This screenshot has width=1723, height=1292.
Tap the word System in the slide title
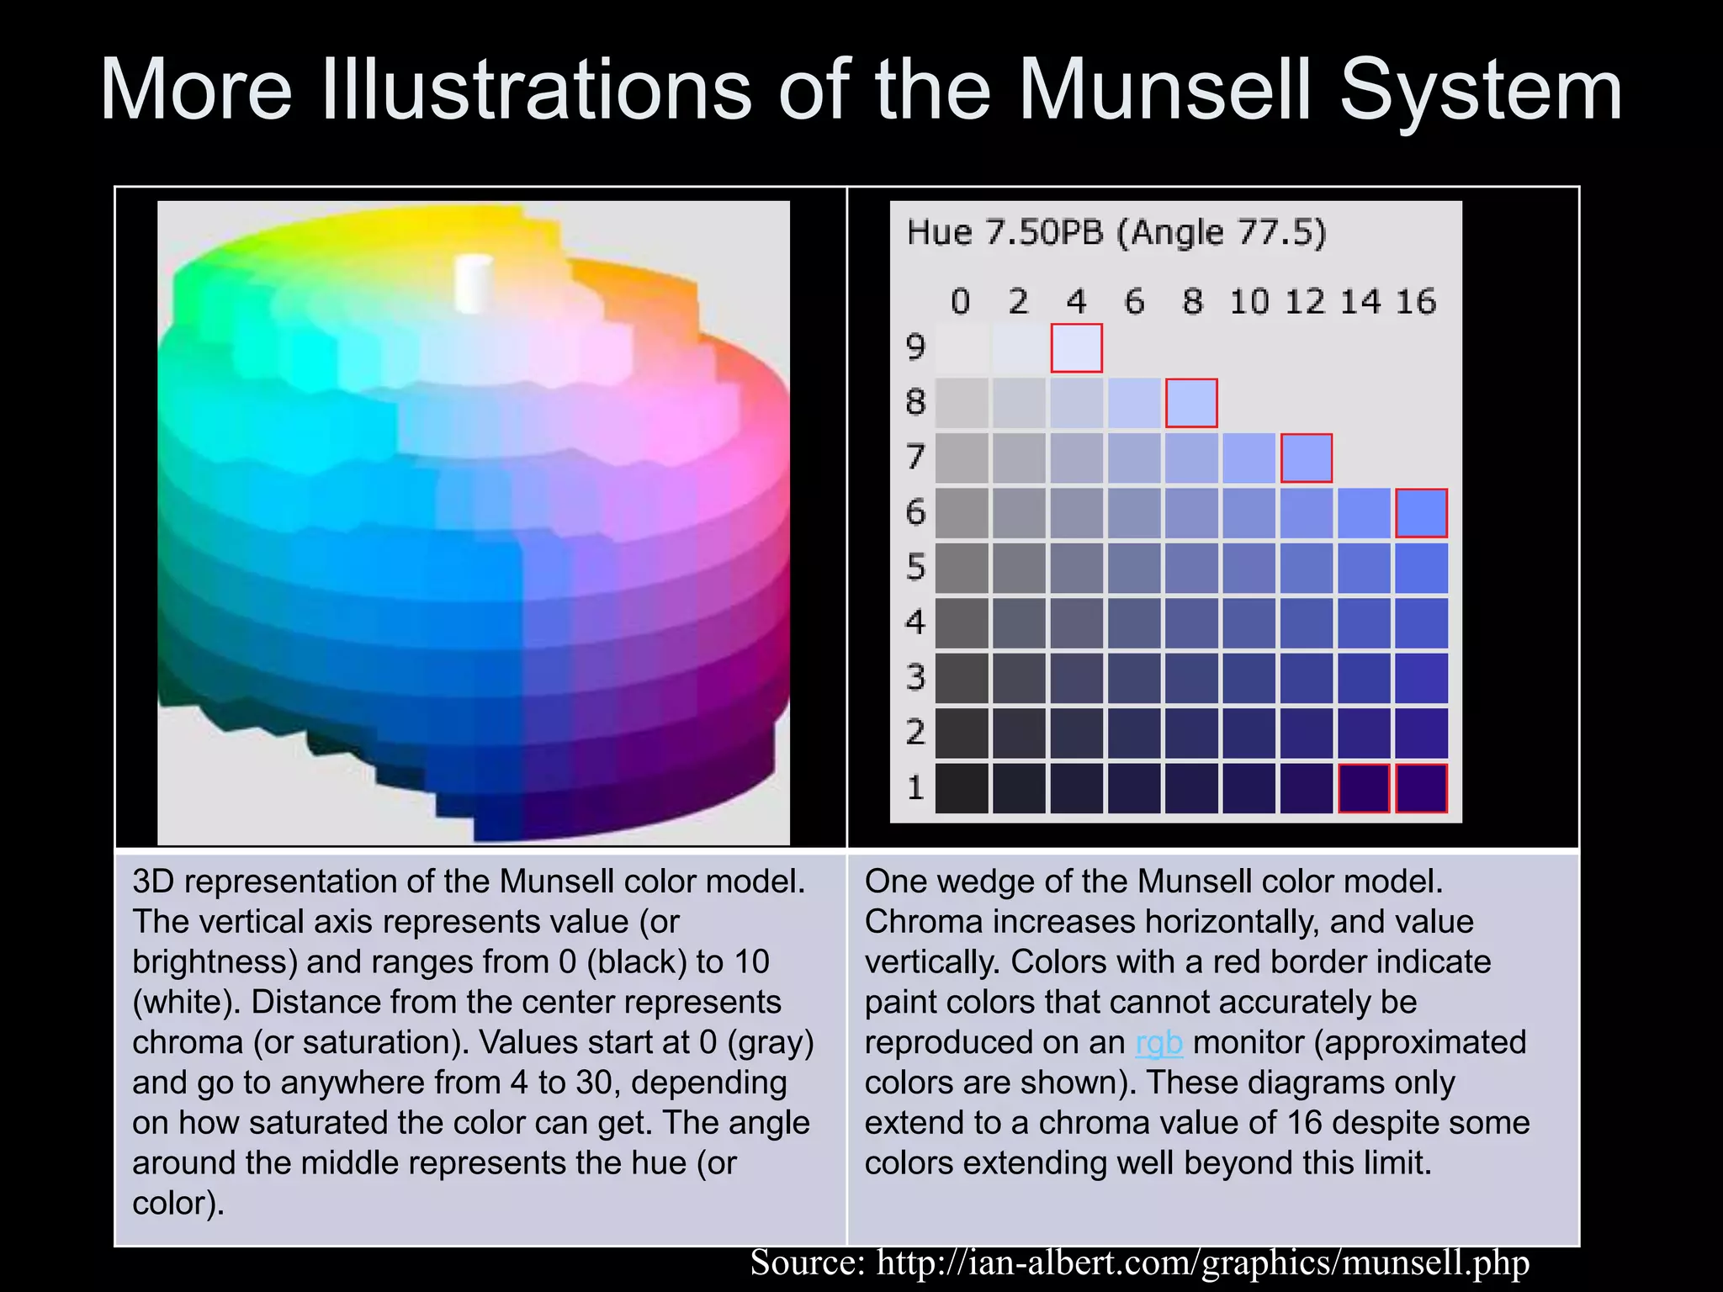click(1481, 90)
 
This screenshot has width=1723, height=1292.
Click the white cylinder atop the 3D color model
click(473, 283)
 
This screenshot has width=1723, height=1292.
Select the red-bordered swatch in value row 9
click(1076, 348)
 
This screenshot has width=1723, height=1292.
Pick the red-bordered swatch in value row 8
click(1190, 403)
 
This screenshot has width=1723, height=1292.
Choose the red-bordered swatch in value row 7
click(1306, 458)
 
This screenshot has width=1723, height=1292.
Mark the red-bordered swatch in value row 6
click(1421, 513)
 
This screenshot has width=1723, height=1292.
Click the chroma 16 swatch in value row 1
click(1421, 788)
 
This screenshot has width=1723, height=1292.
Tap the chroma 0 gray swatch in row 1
click(962, 788)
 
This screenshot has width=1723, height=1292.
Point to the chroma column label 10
click(1249, 301)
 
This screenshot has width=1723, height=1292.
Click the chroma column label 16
click(1416, 301)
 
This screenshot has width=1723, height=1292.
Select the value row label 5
click(915, 568)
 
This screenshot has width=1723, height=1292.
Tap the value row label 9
click(915, 347)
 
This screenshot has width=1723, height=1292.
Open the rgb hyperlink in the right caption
click(1158, 1042)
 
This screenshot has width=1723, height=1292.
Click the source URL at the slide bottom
click(1202, 1263)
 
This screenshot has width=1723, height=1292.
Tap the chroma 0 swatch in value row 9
click(962, 348)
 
